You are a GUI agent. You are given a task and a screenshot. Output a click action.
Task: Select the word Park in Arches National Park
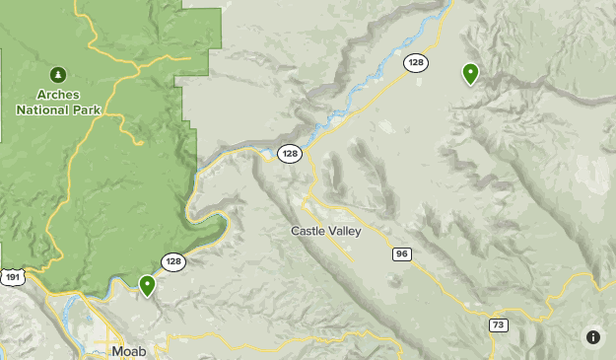point(86,109)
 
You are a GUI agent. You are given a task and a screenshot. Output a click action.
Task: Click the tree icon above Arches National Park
point(57,74)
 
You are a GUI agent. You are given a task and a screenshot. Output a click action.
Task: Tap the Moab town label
point(129,351)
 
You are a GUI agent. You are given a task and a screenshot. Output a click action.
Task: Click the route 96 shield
point(401,253)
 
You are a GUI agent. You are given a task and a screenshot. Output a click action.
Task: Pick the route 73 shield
point(498,324)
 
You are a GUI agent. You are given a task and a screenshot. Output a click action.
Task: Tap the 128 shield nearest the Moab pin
point(173,261)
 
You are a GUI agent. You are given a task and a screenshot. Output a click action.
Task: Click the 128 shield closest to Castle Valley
point(289,153)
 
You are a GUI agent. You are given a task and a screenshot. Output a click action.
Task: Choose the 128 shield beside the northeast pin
point(415,63)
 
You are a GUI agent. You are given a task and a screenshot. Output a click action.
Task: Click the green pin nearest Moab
point(147,285)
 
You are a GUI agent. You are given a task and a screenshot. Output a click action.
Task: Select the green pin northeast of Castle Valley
point(470,72)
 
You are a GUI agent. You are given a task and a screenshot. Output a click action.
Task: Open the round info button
point(592,336)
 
